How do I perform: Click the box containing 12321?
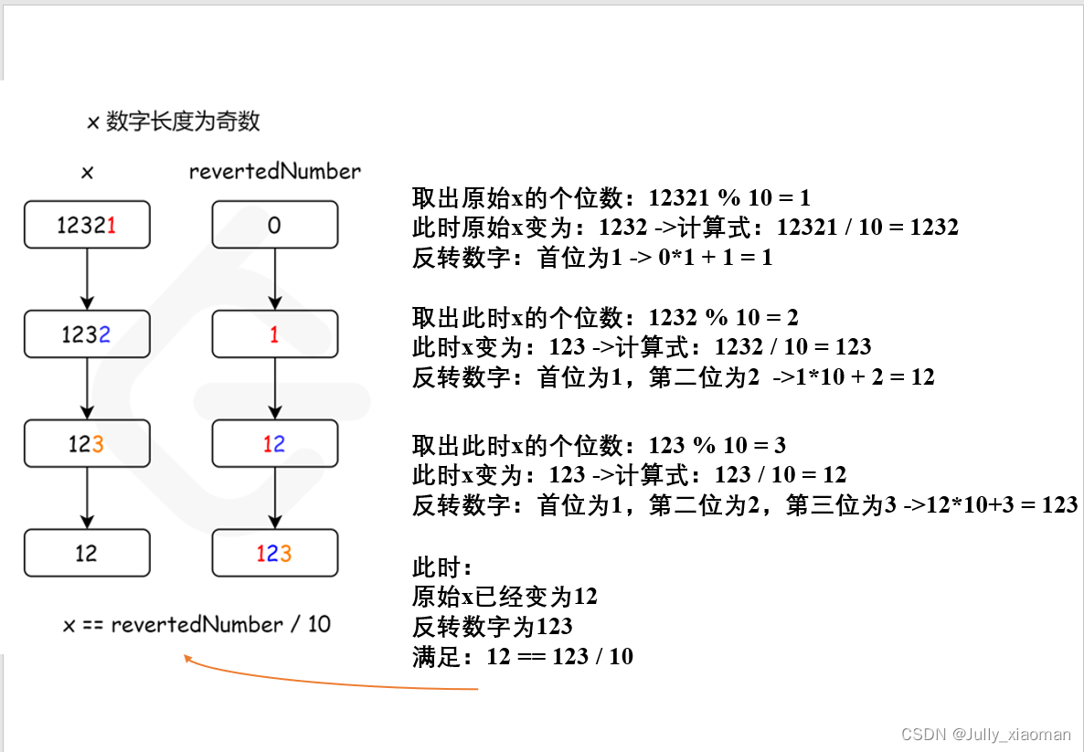(x=87, y=225)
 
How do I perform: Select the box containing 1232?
(x=87, y=334)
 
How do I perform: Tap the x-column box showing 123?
(x=87, y=444)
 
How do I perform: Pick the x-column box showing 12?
(x=87, y=553)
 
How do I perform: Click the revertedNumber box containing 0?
(x=275, y=225)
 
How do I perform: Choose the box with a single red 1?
(x=275, y=334)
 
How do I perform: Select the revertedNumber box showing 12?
(x=275, y=444)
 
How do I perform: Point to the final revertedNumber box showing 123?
(x=275, y=553)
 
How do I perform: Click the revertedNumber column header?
(x=275, y=171)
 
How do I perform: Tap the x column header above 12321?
(x=87, y=172)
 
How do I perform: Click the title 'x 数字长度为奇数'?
(x=174, y=122)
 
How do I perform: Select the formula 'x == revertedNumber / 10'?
(x=197, y=625)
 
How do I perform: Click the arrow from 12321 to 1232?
(x=87, y=279)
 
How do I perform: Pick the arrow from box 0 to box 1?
(x=275, y=279)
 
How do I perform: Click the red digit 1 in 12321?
(x=112, y=225)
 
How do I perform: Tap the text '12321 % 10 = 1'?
(x=729, y=198)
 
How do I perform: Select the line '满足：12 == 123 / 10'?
(x=522, y=656)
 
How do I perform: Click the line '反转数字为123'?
(x=493, y=626)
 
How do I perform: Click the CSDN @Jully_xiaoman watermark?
(x=985, y=734)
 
